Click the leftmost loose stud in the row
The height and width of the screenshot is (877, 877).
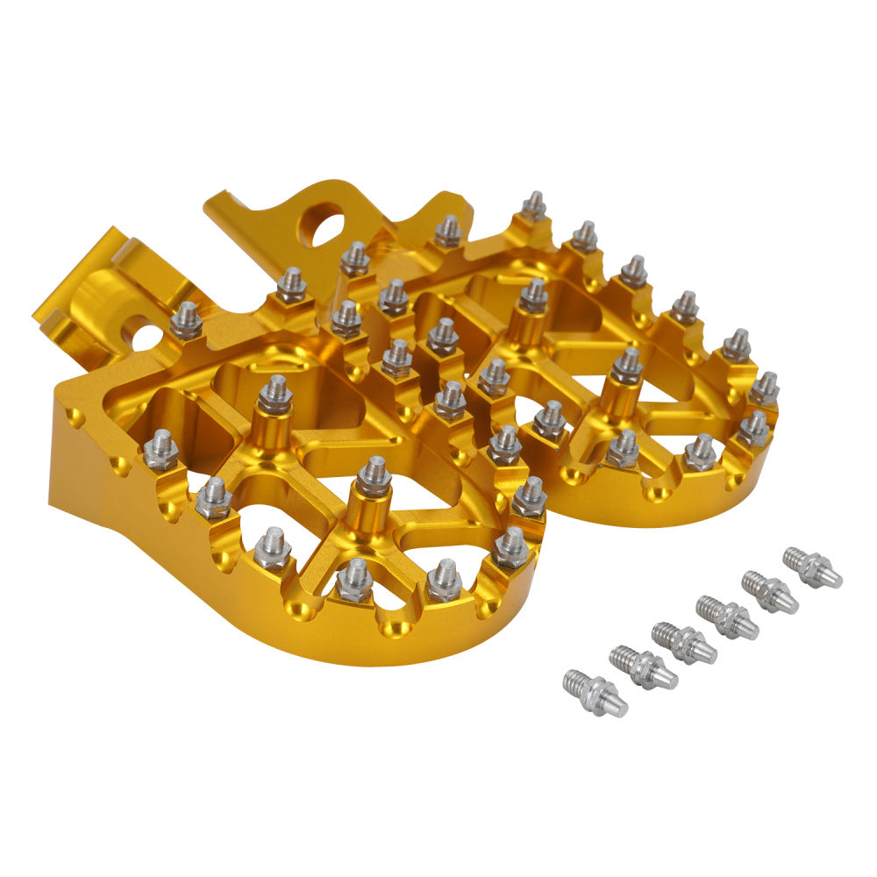(594, 691)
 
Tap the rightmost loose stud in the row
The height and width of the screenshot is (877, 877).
(812, 567)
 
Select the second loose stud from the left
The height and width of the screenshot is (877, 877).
(642, 667)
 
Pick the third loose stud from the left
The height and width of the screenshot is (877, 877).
(684, 642)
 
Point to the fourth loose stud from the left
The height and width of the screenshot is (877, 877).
(727, 617)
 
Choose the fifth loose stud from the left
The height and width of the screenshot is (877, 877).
(770, 591)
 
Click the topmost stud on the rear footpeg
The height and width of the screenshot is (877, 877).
(533, 206)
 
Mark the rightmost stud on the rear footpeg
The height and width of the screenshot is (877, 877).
(765, 388)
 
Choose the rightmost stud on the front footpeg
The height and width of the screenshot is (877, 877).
(529, 497)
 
